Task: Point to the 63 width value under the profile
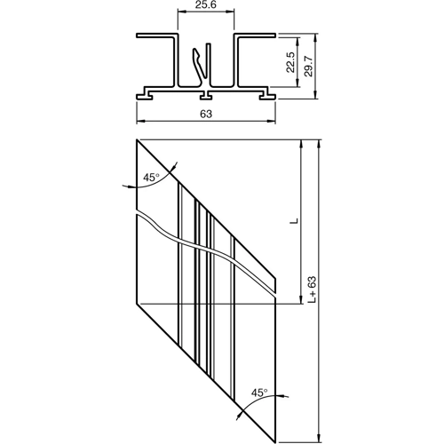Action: point(206,113)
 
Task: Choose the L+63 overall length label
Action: point(312,290)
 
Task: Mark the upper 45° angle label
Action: point(151,178)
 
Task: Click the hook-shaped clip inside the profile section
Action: point(202,64)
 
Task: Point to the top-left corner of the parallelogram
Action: point(137,140)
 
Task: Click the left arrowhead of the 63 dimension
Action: point(139,122)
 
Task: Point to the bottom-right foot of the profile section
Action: point(267,91)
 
